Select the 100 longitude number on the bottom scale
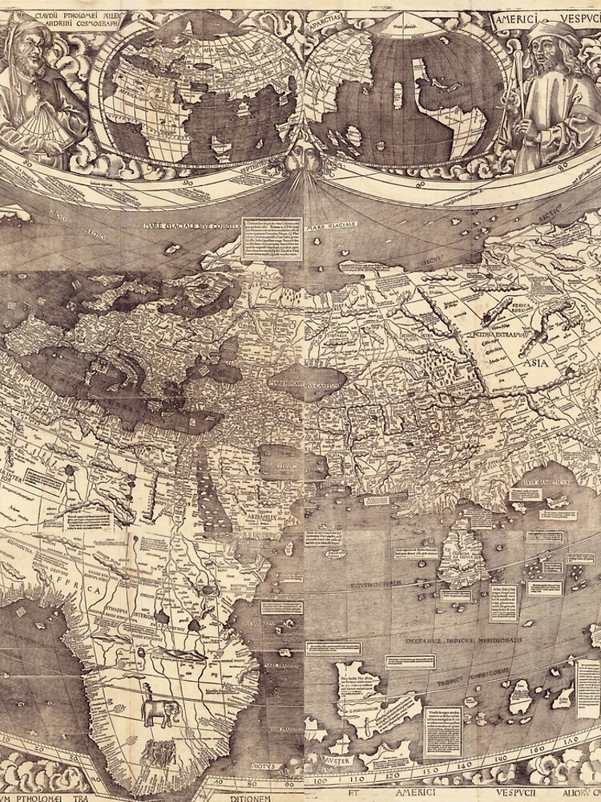(321, 779)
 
